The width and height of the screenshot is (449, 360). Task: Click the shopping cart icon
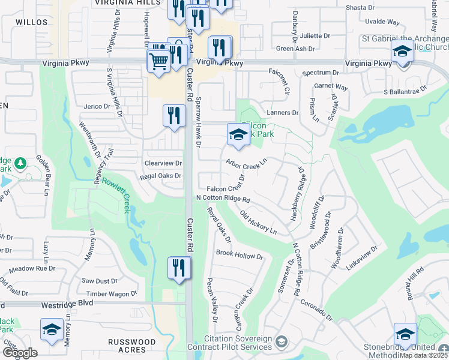(x=158, y=61)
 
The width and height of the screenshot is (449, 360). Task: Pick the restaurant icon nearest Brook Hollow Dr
(x=179, y=267)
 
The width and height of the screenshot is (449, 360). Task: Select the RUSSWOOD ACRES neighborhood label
(x=131, y=346)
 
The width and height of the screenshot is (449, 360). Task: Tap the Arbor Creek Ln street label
(x=246, y=163)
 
